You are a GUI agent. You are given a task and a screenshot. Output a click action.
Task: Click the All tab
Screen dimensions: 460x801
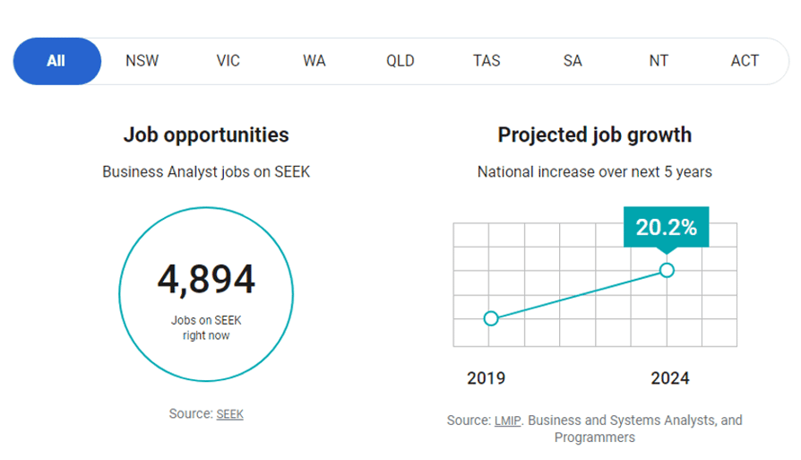click(x=56, y=61)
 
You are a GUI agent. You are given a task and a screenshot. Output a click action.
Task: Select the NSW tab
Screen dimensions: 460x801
click(x=142, y=61)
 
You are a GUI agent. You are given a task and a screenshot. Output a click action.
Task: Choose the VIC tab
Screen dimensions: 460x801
click(x=228, y=61)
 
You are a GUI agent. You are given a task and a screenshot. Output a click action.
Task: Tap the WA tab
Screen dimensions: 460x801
click(x=314, y=61)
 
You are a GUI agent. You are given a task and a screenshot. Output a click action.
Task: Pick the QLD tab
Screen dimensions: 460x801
click(x=400, y=61)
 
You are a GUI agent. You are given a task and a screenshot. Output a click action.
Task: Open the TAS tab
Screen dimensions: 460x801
click(x=487, y=61)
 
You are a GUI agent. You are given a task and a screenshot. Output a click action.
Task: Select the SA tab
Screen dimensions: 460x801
click(x=573, y=61)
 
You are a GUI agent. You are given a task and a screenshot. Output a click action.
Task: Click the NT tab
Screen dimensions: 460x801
click(x=659, y=61)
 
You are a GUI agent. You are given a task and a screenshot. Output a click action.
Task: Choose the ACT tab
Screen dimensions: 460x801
click(x=745, y=61)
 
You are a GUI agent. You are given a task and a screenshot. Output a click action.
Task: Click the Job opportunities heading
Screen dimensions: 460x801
click(x=206, y=135)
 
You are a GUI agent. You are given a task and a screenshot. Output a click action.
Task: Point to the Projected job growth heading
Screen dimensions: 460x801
click(x=595, y=135)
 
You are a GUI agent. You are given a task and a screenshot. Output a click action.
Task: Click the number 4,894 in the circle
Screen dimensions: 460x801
click(x=206, y=280)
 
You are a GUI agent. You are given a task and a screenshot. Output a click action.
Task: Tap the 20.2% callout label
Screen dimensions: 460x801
click(x=666, y=228)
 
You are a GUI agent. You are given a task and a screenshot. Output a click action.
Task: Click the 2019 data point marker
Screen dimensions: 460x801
click(x=490, y=318)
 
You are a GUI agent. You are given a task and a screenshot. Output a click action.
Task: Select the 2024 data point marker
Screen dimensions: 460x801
click(x=667, y=270)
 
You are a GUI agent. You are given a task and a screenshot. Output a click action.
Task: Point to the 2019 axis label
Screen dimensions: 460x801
click(x=486, y=378)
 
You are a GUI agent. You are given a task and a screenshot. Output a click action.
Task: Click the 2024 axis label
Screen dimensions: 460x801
click(x=670, y=378)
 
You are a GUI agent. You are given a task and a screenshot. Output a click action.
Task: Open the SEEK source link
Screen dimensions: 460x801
click(x=230, y=414)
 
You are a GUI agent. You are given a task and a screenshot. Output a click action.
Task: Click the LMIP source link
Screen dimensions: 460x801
click(x=507, y=420)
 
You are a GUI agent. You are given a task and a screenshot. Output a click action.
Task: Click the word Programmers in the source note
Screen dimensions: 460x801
click(x=595, y=438)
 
